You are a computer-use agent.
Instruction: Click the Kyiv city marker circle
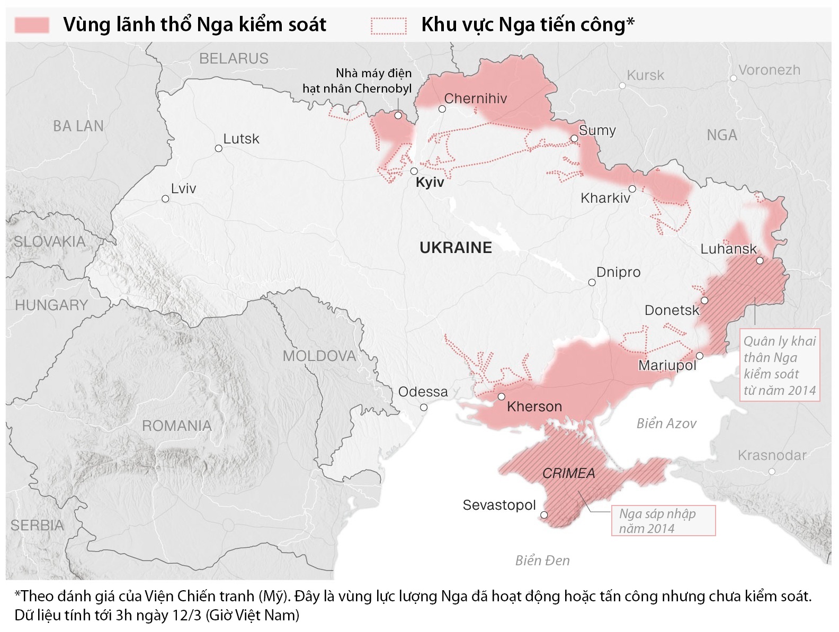tap(414, 171)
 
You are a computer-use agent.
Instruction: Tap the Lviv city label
tap(183, 188)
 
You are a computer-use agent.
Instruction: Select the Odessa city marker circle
tap(424, 407)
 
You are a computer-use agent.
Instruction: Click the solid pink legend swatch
tap(32, 25)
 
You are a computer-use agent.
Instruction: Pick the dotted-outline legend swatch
tap(389, 25)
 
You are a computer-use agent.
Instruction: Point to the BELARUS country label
tap(234, 59)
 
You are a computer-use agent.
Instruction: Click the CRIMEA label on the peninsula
tap(568, 473)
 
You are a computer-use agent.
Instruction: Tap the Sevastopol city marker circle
tap(544, 514)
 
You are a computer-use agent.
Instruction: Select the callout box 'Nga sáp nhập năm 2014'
tap(663, 521)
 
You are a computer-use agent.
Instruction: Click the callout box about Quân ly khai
tap(779, 365)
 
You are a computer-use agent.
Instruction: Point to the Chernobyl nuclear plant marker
tap(398, 115)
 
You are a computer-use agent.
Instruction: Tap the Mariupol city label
tap(667, 365)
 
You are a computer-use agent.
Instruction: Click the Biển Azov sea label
tap(666, 423)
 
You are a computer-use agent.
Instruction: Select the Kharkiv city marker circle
tap(632, 189)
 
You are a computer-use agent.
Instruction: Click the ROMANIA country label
tap(176, 426)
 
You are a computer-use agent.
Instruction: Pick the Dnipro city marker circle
tap(592, 283)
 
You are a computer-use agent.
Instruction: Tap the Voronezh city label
tap(769, 70)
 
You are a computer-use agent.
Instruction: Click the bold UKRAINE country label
tap(456, 248)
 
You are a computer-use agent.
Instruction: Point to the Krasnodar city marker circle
tap(772, 471)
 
